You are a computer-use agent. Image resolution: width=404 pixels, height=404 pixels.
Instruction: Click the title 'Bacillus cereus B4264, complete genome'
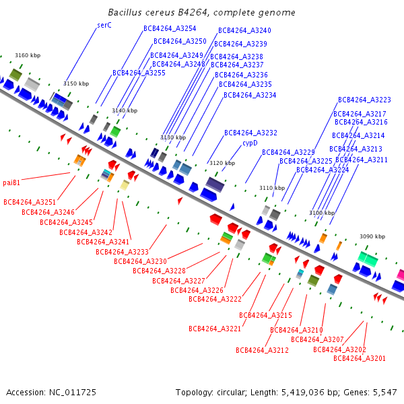[201, 13]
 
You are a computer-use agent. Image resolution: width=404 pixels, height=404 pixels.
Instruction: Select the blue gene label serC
[104, 25]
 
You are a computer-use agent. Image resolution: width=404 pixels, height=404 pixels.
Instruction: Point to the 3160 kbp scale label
[28, 55]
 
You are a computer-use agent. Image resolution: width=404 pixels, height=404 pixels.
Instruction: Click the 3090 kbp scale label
[372, 236]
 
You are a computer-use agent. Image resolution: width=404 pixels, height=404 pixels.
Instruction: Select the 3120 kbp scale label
[222, 163]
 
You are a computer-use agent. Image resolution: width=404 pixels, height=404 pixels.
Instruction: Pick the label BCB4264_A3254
[170, 28]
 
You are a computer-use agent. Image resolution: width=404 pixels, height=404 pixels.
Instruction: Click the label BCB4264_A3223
[364, 100]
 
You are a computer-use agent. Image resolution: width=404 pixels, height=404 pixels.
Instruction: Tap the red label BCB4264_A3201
[360, 358]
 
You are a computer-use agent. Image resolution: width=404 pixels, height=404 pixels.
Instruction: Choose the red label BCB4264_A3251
[30, 202]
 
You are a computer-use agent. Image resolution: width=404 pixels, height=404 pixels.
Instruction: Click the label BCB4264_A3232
[250, 133]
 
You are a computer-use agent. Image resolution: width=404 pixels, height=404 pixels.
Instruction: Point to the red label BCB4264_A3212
[262, 350]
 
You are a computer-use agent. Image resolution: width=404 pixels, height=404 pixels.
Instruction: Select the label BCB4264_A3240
[244, 30]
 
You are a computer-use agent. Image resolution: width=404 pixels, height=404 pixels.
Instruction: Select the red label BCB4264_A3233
[122, 252]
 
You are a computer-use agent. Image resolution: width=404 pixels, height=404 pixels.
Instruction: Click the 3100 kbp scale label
[322, 213]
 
